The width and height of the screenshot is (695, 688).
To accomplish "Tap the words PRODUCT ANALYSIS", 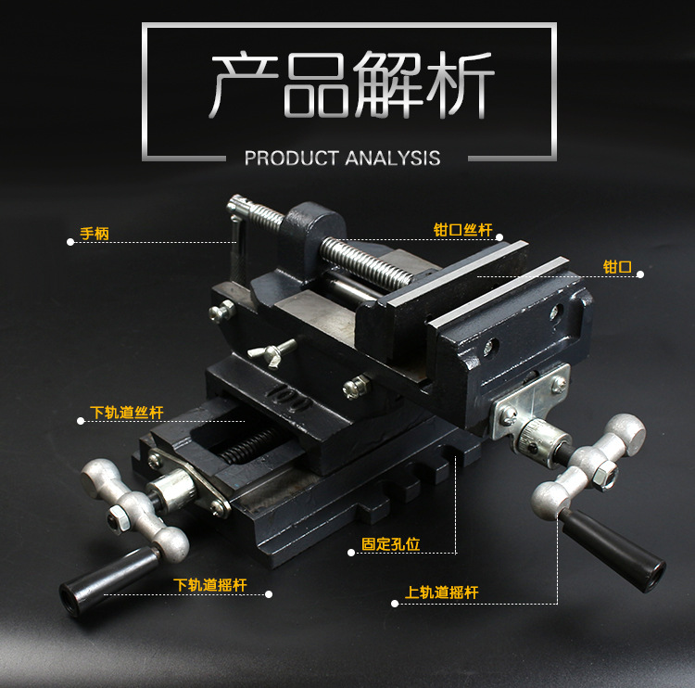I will [342, 158].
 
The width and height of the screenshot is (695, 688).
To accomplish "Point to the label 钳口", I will [617, 267].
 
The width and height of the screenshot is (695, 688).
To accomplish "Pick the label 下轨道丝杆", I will [127, 413].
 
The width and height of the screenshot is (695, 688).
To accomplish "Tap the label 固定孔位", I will [391, 544].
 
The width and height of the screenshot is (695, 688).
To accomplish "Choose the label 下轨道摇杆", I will [211, 586].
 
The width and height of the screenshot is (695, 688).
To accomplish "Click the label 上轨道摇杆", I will [441, 592].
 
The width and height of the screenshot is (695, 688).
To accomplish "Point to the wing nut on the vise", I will [272, 351].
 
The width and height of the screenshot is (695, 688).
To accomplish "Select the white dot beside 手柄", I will [70, 242].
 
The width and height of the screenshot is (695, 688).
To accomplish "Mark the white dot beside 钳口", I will [639, 274].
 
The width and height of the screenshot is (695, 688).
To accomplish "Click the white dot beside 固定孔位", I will [351, 553].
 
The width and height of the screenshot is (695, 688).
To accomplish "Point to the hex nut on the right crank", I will [601, 475].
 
